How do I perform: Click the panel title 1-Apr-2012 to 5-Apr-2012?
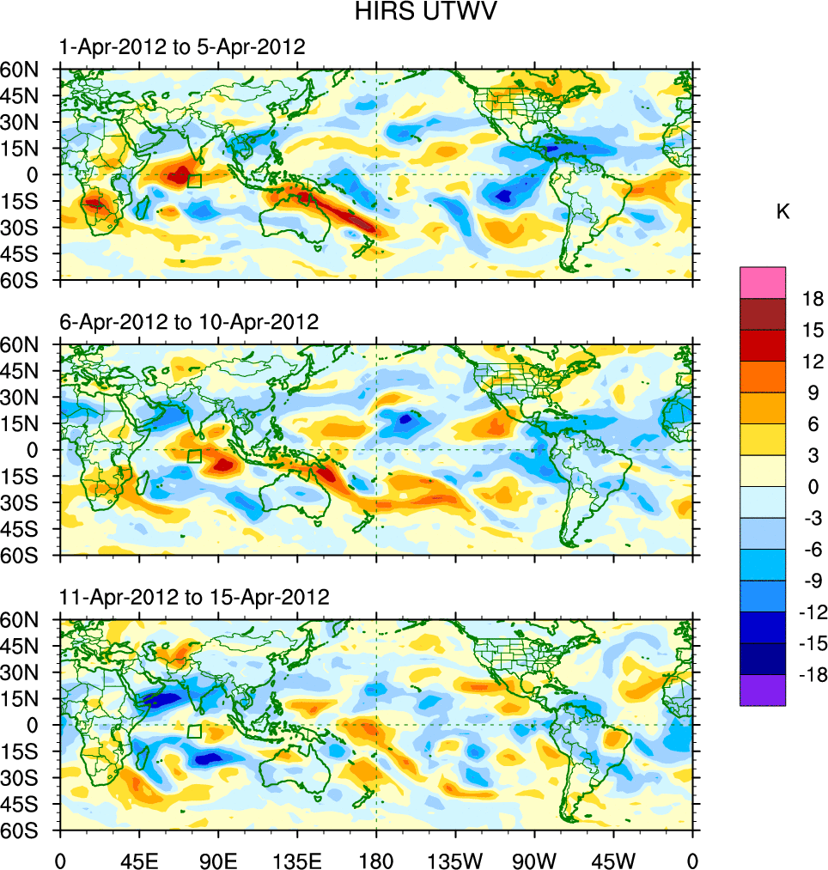point(182,47)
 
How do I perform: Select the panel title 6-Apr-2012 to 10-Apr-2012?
point(188,322)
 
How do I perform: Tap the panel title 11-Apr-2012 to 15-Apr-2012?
point(194,597)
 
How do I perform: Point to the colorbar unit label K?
point(782,212)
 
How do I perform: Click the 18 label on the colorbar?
point(813,299)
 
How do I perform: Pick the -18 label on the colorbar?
point(809,675)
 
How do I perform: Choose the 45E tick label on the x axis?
point(139,859)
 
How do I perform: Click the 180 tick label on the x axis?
point(376,859)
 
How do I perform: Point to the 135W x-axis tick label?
point(455,859)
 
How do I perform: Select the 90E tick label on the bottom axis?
point(218,859)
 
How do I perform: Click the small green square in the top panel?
point(194,180)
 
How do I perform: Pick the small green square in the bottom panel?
point(194,731)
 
